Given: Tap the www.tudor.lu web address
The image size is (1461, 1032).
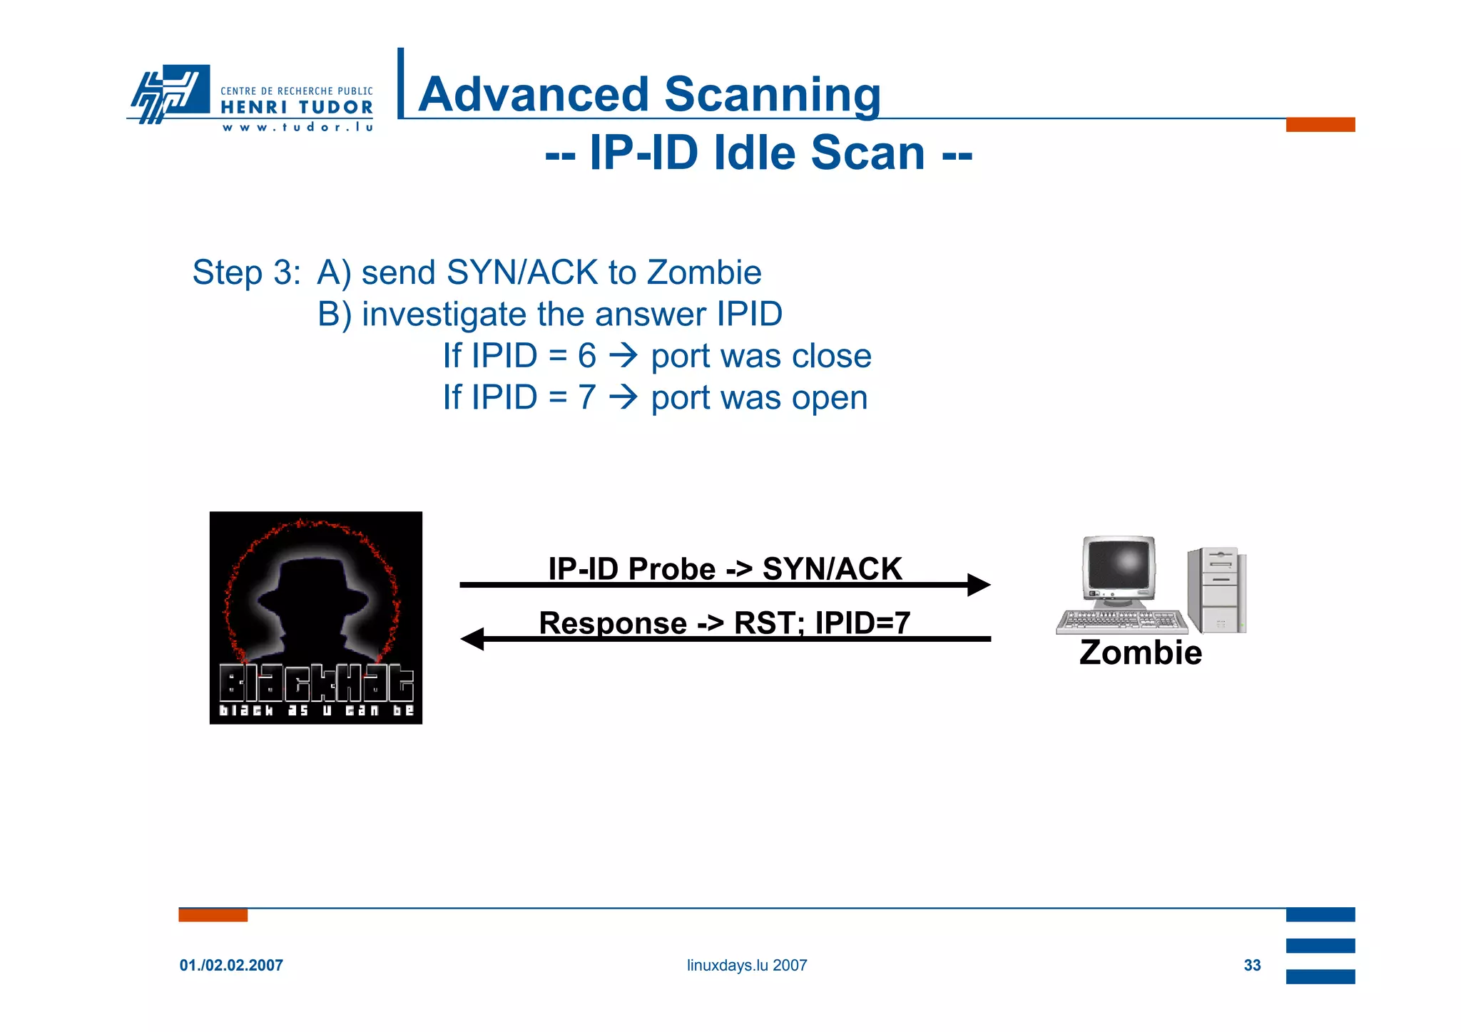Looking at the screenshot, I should pos(297,128).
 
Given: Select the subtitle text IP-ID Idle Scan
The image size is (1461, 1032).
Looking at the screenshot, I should pos(758,153).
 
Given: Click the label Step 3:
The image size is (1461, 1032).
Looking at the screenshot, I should pos(246,273).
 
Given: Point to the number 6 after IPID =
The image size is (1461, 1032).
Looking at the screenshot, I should pos(586,356).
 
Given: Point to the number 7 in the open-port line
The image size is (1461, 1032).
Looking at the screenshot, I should pos(586,397).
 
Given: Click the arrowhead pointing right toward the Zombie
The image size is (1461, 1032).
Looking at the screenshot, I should pos(978,585).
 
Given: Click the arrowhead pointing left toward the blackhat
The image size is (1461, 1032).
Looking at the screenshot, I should pos(473,639).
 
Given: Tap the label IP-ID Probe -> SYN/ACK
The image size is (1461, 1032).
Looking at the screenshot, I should pos(725,568).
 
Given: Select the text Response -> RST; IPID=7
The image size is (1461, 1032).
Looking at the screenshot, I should pos(724,623).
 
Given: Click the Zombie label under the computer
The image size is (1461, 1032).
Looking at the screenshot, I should pos(1140,653).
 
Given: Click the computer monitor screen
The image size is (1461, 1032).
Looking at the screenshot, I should pos(1118,565).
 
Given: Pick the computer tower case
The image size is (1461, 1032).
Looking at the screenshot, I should pos(1216,591).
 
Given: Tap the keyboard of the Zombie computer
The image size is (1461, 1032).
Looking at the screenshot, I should pos(1121,621).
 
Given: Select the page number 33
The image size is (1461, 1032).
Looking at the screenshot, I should pos(1252,965).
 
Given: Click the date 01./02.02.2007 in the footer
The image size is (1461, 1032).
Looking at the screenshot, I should pos(231,965).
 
